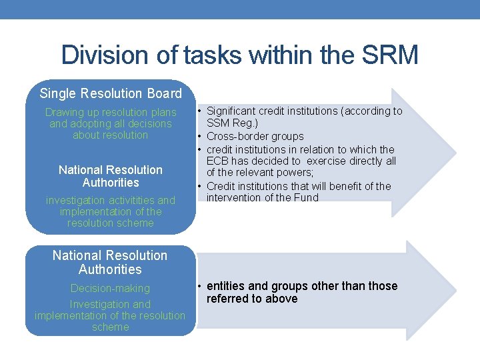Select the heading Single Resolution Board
(x=111, y=93)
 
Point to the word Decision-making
(x=111, y=288)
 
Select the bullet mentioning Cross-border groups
(x=255, y=137)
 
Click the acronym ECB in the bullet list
(x=217, y=161)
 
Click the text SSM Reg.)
(x=232, y=123)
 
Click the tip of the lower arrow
(x=455, y=291)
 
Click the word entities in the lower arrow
(x=227, y=286)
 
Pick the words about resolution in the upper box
(x=111, y=135)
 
